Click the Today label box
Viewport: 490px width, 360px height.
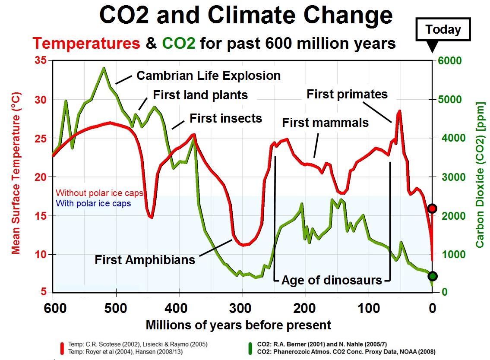pos(443,30)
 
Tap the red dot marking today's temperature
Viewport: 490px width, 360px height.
pos(432,209)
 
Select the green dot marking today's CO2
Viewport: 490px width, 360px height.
pos(432,276)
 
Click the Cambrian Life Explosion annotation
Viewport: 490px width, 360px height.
pos(209,76)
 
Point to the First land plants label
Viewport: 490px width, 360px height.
pos(200,95)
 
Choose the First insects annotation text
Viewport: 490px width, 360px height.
pos(226,118)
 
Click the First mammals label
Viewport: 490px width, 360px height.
pos(325,123)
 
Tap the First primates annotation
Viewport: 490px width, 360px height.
pos(347,94)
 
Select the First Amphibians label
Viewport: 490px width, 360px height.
pos(145,259)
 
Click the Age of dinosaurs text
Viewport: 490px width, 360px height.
pos(332,280)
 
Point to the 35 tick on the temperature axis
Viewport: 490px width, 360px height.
pos(41,60)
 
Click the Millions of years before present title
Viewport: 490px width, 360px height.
pos(238,325)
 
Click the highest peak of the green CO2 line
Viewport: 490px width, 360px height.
pos(104,68)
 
